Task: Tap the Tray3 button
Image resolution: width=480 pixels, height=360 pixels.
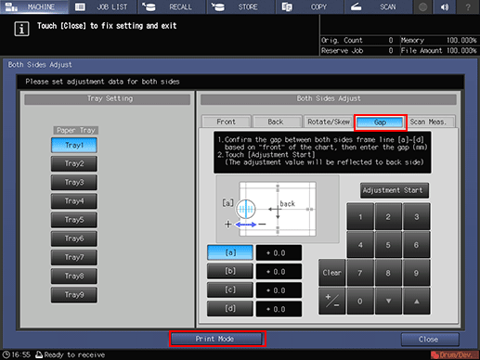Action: pos(74,182)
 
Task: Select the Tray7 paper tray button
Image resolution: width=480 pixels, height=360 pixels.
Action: pos(74,257)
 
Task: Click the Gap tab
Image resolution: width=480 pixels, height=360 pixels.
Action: pos(380,122)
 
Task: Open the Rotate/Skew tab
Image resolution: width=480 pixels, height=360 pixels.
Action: pos(329,122)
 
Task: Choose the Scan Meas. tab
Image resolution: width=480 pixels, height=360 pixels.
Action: pos(428,122)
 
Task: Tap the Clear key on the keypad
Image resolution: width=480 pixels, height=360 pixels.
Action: pos(331,273)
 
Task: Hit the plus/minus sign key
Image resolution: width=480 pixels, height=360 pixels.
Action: pos(331,301)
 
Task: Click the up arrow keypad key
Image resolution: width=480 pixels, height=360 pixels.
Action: pos(417,301)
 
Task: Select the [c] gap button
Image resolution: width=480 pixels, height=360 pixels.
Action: pos(230,289)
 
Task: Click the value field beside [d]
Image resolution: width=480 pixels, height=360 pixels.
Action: pos(279,309)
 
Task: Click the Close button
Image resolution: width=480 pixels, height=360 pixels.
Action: pos(430,340)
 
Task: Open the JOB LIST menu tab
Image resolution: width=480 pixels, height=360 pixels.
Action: pos(103,6)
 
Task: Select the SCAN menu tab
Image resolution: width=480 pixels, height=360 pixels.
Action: pos(378,6)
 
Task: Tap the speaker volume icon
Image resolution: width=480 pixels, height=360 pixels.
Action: pos(445,6)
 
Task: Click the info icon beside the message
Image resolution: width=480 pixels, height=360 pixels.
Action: pos(21,29)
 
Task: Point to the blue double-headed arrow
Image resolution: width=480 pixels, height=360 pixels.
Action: pos(246,225)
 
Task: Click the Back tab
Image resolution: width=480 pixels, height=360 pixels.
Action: pos(276,122)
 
